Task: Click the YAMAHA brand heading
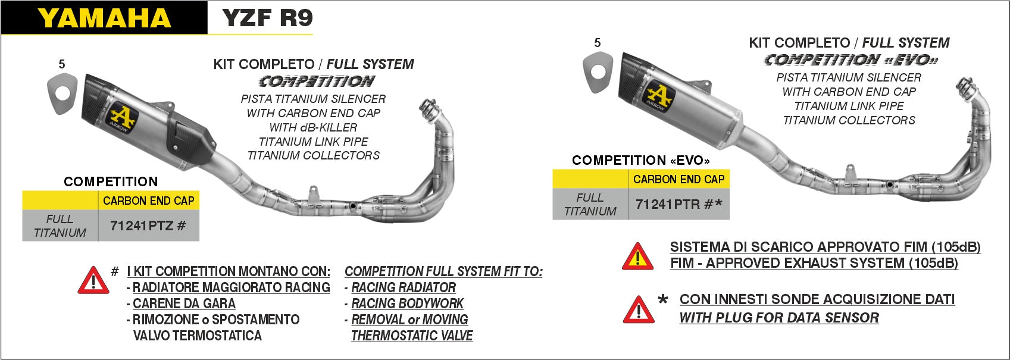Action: coord(104,18)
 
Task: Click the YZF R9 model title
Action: coord(267,18)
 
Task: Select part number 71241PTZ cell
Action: coord(148,226)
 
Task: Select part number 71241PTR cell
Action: coord(678,204)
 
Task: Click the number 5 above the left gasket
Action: coord(62,64)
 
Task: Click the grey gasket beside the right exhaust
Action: coord(598,73)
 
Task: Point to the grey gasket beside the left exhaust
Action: coord(62,93)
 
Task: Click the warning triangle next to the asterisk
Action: coord(638,310)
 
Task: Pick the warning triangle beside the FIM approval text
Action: coord(637,256)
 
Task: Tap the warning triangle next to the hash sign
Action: coord(93,281)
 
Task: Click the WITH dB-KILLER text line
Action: coord(313,127)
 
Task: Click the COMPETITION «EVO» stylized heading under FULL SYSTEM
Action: coord(850,60)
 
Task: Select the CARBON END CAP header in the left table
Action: coord(148,201)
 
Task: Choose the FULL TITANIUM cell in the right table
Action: coord(590,204)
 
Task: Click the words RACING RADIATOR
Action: coord(403,287)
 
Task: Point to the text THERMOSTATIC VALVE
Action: coord(411,336)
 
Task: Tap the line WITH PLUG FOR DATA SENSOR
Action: coord(778,318)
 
